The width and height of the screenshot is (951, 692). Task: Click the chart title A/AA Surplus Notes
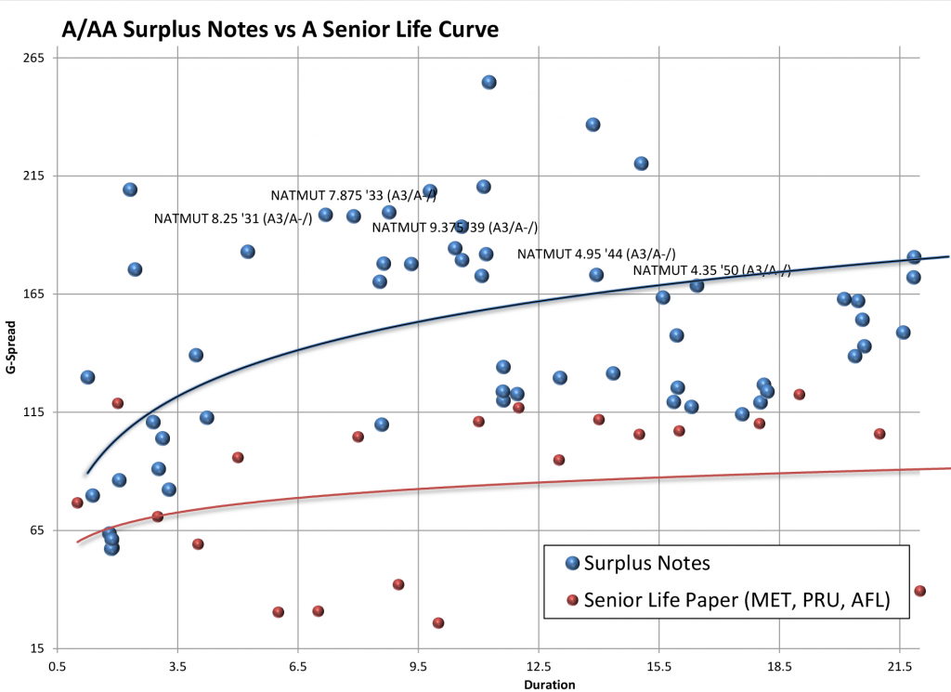tap(280, 29)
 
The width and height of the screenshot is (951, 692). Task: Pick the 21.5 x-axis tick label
tap(899, 666)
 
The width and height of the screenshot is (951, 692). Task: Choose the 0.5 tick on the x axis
tap(58, 666)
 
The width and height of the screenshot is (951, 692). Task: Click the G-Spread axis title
tap(11, 353)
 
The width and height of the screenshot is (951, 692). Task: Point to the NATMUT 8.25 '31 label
tap(232, 219)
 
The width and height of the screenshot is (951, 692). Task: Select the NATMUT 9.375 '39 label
tap(454, 228)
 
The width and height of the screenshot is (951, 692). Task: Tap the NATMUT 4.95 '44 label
tap(595, 254)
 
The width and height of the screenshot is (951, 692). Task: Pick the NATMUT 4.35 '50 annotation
tap(711, 270)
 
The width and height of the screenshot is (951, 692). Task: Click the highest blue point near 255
tap(489, 83)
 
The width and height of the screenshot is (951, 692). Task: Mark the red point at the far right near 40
tap(919, 591)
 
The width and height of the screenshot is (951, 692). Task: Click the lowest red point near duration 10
tap(438, 623)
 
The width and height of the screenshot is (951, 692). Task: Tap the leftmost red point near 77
tap(77, 503)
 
